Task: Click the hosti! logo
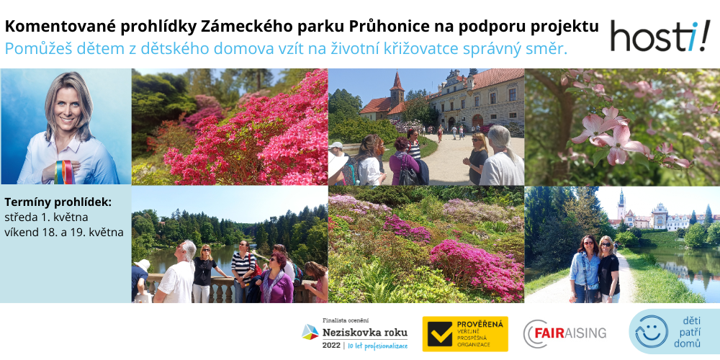(x=660, y=37)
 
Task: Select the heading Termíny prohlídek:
(x=58, y=202)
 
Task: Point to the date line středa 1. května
(x=46, y=217)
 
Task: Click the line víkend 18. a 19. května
(x=64, y=233)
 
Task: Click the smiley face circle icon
(x=652, y=331)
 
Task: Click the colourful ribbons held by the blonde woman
(x=64, y=172)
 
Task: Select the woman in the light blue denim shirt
(x=584, y=269)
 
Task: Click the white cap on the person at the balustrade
(x=143, y=264)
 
